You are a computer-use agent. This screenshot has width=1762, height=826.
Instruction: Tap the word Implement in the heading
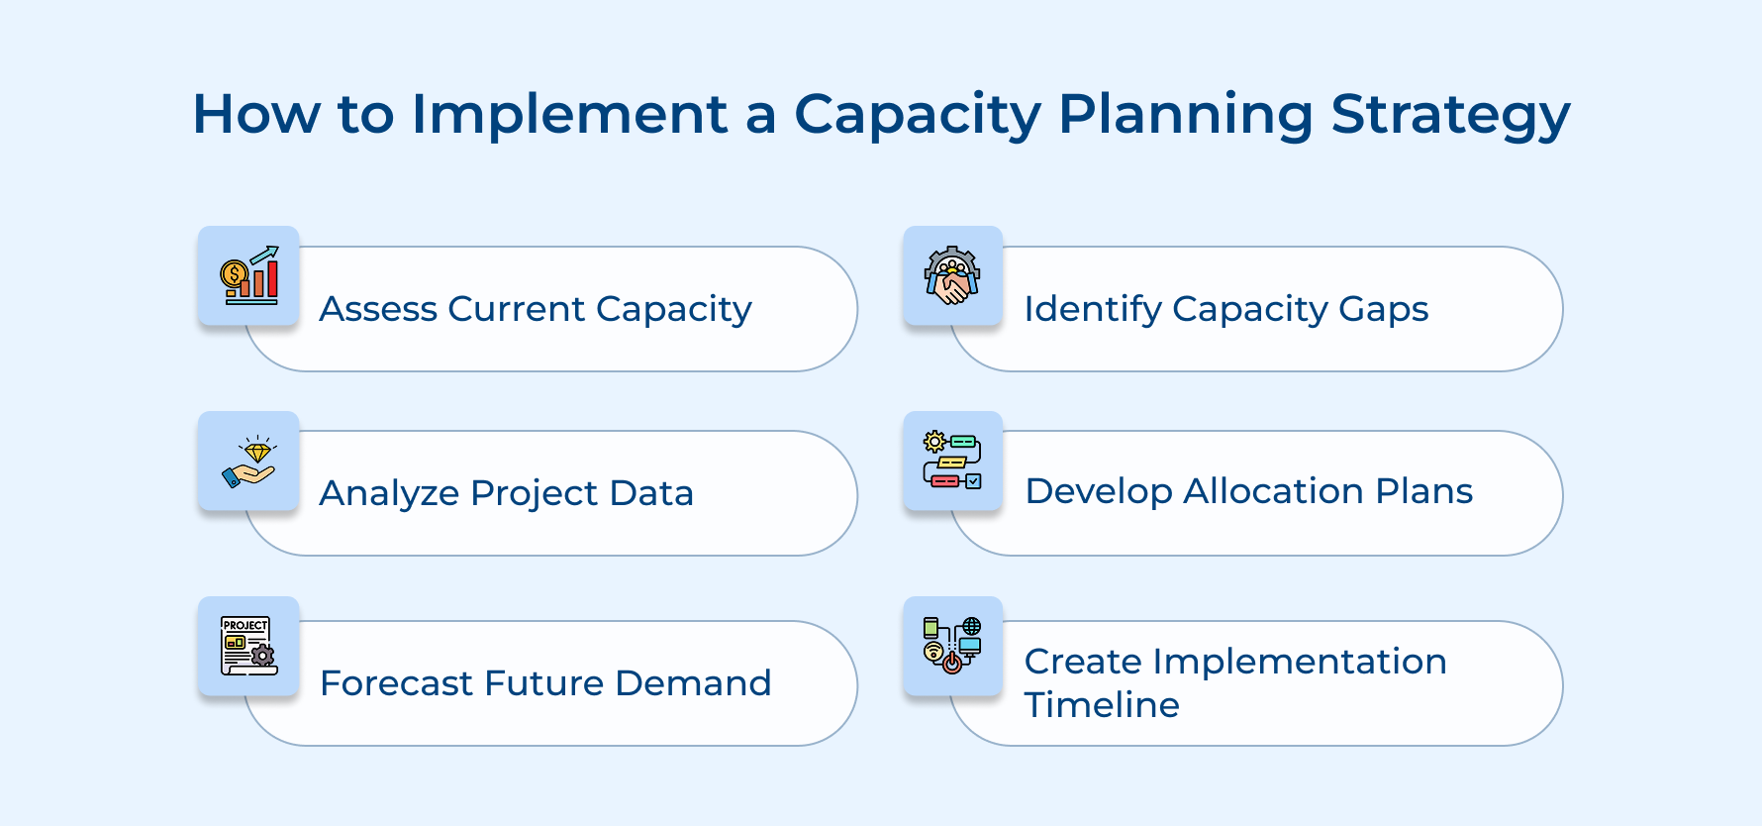pos(569,115)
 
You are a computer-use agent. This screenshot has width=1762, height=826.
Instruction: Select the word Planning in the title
pos(1184,115)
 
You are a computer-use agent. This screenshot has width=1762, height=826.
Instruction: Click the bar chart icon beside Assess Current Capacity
pos(249,276)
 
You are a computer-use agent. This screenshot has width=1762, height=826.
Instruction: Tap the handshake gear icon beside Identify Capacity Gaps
pos(952,276)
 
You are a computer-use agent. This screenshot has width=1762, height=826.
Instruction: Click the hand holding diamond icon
pos(249,462)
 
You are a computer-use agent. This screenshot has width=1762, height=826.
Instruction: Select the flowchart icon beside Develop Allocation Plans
pos(952,462)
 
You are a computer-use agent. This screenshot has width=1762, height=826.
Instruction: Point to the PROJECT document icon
pos(248,646)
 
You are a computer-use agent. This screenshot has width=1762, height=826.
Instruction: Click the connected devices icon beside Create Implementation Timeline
pos(952,646)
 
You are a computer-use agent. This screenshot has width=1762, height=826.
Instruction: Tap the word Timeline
pos(1102,705)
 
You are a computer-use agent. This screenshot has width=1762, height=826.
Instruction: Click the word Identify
pos(1092,309)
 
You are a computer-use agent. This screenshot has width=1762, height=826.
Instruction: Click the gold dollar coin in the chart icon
pos(234,273)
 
